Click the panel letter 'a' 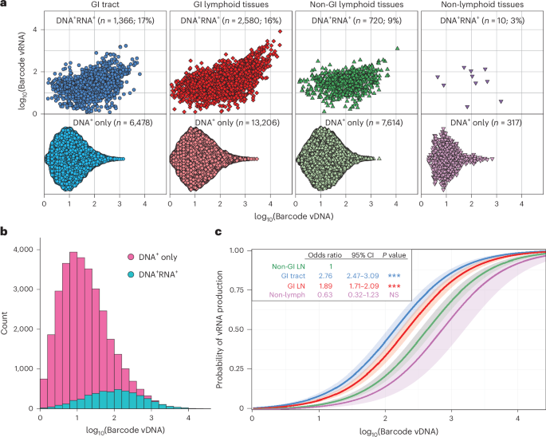click(4, 5)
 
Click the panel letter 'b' click(4, 232)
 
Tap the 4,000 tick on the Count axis click(25, 249)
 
